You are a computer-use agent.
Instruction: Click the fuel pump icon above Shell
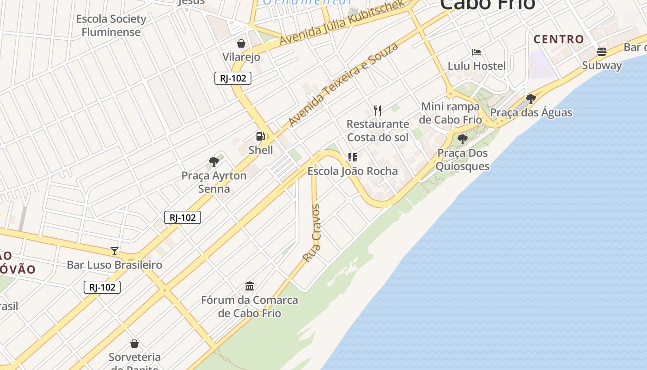click(261, 136)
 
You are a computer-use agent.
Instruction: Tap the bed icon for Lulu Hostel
click(476, 52)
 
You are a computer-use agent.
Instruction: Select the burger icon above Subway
click(602, 51)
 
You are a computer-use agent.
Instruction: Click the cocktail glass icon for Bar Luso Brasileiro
click(115, 251)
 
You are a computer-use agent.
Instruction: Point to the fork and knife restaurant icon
click(378, 110)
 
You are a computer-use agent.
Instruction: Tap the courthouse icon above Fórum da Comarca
click(250, 286)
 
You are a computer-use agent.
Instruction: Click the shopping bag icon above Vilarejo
click(241, 43)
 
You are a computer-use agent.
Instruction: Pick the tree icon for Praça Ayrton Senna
click(214, 162)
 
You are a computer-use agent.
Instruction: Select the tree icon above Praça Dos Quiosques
click(462, 139)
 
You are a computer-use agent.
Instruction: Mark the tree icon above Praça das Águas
click(531, 99)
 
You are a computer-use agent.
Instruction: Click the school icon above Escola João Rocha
click(353, 157)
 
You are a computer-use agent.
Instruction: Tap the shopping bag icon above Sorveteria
click(134, 344)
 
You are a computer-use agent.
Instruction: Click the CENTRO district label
click(559, 39)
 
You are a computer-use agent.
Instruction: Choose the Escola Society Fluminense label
click(111, 25)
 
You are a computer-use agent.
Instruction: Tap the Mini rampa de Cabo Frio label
click(451, 113)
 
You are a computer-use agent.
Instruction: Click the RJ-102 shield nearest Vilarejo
click(233, 78)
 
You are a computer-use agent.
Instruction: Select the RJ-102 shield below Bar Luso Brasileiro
click(102, 287)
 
